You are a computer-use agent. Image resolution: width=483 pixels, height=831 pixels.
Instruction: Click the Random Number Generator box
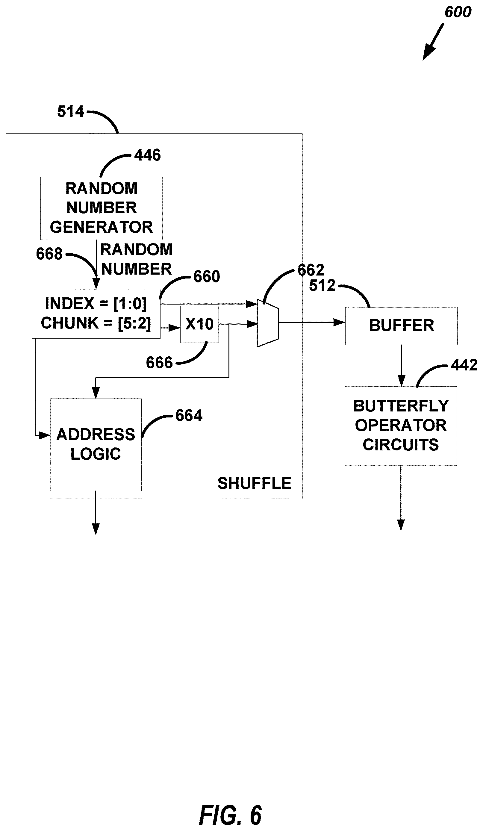[x=102, y=208]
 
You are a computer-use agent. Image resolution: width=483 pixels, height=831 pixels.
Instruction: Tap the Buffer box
[x=401, y=326]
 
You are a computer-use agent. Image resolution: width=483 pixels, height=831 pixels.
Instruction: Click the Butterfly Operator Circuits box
[x=401, y=426]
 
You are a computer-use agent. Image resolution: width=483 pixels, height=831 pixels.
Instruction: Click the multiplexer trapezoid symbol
[x=268, y=323]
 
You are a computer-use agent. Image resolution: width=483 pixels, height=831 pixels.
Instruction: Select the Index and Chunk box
[x=96, y=314]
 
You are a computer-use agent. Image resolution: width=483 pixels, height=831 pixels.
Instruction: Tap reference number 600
[x=458, y=12]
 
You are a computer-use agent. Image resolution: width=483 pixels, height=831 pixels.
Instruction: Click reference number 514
[x=71, y=111]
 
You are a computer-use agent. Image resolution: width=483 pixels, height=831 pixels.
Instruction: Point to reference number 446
[x=147, y=155]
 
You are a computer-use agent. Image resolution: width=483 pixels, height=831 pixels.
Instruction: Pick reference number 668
[x=49, y=254]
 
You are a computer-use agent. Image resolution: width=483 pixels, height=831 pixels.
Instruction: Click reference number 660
[x=207, y=277]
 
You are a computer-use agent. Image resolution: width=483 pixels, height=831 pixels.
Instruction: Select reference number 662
[x=311, y=270]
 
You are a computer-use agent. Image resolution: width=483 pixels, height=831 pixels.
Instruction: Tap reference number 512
[x=322, y=286]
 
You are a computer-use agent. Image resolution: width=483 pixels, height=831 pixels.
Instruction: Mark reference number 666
[x=159, y=363]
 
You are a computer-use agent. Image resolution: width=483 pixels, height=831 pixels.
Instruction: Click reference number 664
[x=189, y=416]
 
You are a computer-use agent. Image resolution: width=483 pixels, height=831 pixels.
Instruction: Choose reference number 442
[x=464, y=365]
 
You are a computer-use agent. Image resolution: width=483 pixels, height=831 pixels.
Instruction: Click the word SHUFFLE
[x=255, y=483]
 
